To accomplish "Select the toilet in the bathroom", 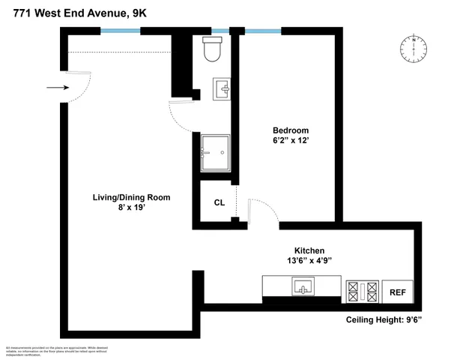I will pos(212,50).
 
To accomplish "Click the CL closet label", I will pos(219,202).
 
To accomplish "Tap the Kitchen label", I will pos(309,250).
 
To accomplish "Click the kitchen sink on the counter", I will pos(303,286).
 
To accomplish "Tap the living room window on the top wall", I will pos(121,31).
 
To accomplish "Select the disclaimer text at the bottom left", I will pos(45,349).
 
